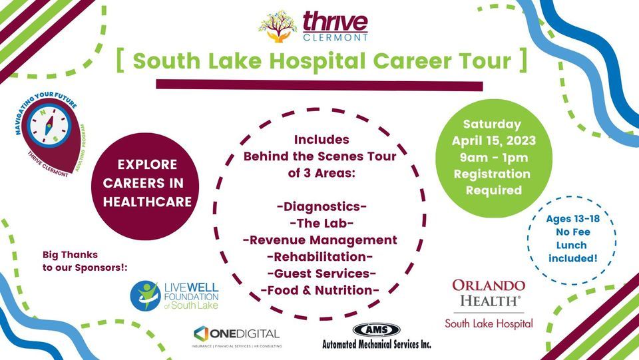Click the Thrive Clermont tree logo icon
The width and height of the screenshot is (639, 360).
(278, 25)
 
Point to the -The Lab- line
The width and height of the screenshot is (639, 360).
(322, 223)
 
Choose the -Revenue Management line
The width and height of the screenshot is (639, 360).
(320, 240)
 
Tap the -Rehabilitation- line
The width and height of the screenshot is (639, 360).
(320, 256)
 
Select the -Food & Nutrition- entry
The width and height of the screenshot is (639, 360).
(320, 289)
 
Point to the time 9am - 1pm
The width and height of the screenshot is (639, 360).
(492, 158)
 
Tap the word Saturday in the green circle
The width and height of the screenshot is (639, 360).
(492, 124)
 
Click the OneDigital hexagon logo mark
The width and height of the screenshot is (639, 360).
(202, 333)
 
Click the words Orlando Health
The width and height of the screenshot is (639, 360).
(489, 293)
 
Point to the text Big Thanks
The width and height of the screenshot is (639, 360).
(70, 254)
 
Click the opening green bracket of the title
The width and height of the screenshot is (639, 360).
(120, 61)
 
